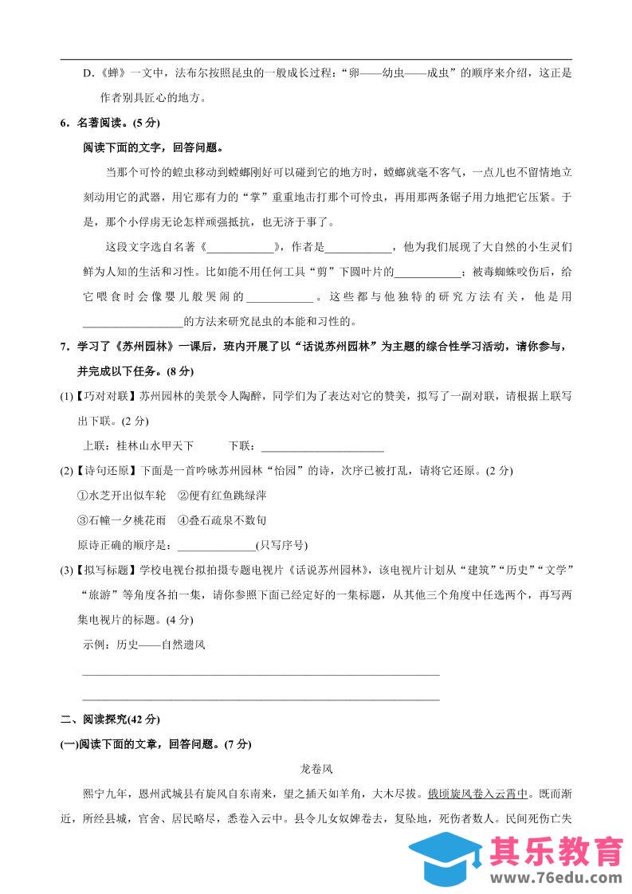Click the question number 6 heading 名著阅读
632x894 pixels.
coord(108,124)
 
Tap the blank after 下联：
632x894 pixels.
coord(322,445)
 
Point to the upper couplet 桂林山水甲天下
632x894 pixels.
coord(155,445)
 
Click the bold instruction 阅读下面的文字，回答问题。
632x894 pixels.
coord(152,148)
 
